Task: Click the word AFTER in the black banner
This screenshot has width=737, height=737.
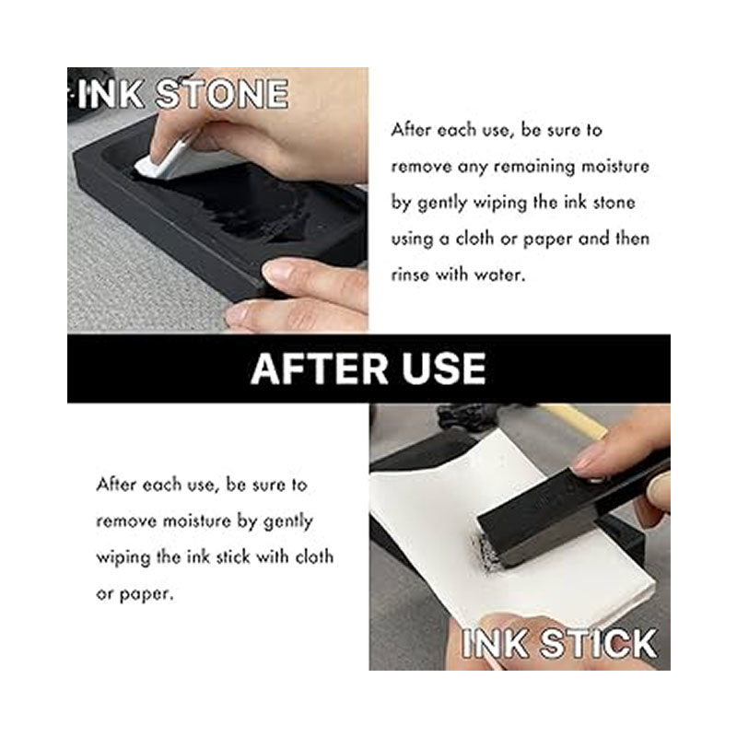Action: (319, 369)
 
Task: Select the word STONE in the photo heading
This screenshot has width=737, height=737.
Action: (221, 94)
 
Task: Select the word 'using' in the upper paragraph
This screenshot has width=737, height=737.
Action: (411, 240)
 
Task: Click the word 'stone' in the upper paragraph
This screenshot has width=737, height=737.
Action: (614, 203)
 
